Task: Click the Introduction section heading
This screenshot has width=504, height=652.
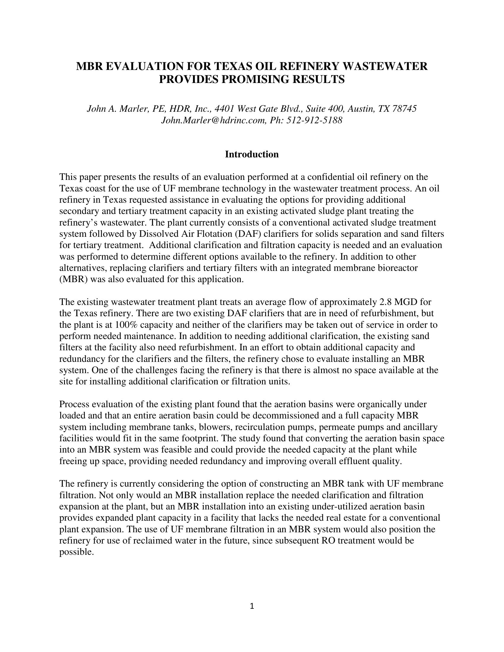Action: tap(252, 154)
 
